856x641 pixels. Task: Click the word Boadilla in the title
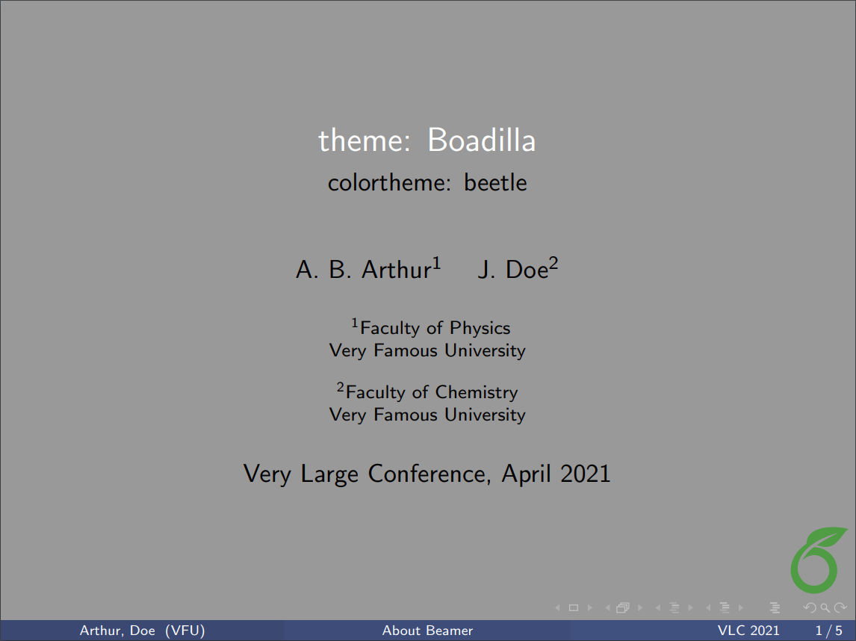(x=481, y=140)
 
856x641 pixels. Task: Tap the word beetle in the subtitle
(x=495, y=182)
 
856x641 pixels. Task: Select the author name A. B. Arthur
(x=363, y=269)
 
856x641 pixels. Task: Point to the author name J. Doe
(x=513, y=269)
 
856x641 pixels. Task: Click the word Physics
(x=480, y=328)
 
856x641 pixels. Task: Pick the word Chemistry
(x=476, y=392)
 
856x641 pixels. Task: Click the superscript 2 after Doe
(x=554, y=263)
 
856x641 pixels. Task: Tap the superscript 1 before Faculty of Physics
(x=356, y=323)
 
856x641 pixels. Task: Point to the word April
(x=527, y=474)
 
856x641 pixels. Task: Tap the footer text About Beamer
(x=427, y=631)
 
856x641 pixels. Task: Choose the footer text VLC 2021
(x=748, y=631)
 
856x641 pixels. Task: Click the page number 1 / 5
(x=829, y=631)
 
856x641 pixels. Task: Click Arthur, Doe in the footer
(x=117, y=631)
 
